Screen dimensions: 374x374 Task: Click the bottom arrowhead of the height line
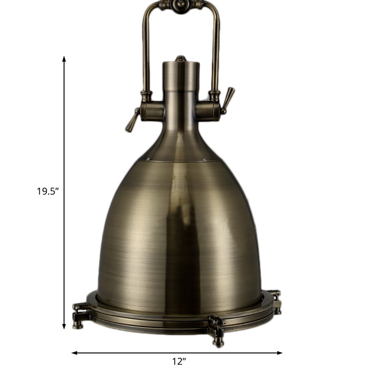64,327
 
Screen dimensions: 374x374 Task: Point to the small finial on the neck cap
180,59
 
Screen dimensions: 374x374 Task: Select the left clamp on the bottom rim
79,310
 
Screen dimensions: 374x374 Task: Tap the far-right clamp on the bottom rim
276,299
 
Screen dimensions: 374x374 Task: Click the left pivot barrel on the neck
152,111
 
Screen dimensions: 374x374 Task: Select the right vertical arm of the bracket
216,51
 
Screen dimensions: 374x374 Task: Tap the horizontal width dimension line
140,352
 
